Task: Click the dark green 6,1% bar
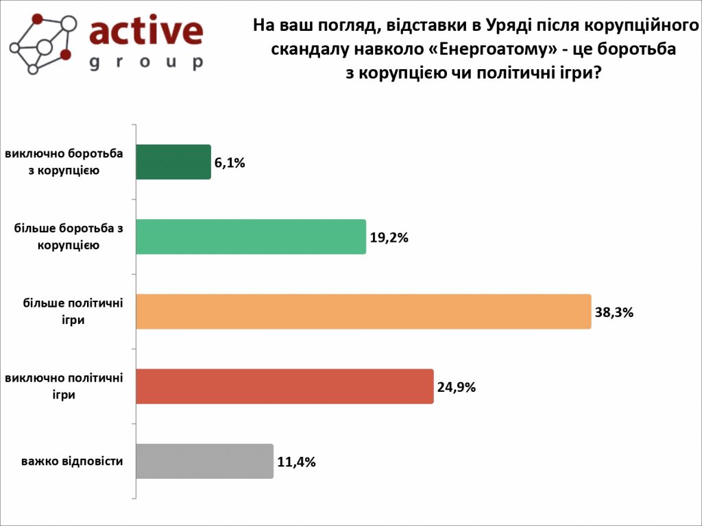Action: tap(173, 162)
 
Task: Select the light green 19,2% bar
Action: tap(251, 237)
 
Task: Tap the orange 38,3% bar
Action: tap(363, 312)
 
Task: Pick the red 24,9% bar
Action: tap(285, 386)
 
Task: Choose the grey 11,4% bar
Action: tap(204, 461)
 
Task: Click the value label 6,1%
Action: tap(230, 163)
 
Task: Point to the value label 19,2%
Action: tap(389, 238)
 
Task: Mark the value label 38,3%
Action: tap(614, 312)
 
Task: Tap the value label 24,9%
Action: tap(456, 387)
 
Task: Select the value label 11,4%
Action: tap(296, 462)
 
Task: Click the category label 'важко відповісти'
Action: tap(72, 461)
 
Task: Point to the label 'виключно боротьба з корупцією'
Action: tap(64, 162)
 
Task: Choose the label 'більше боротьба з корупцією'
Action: tap(69, 237)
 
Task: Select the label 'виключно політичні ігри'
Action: tap(64, 386)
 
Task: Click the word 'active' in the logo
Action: tap(146, 32)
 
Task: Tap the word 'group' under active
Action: tap(146, 62)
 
